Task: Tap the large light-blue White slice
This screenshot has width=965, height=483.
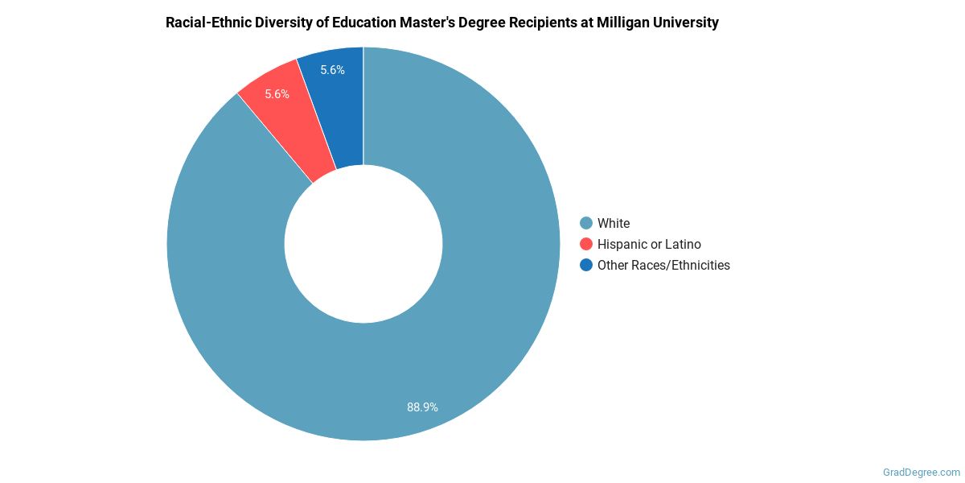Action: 482,322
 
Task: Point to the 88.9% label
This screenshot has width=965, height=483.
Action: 422,407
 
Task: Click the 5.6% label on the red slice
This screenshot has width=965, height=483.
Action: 277,94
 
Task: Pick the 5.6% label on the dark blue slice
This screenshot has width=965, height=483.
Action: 332,70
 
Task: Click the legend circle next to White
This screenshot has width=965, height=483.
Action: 586,223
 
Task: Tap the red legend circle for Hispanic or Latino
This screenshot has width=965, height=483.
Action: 586,244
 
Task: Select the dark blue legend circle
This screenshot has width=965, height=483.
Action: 586,265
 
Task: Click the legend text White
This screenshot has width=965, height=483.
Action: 614,223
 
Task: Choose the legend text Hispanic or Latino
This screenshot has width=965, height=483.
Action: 649,244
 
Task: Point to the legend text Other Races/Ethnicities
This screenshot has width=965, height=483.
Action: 663,265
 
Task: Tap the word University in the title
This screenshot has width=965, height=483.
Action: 687,23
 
